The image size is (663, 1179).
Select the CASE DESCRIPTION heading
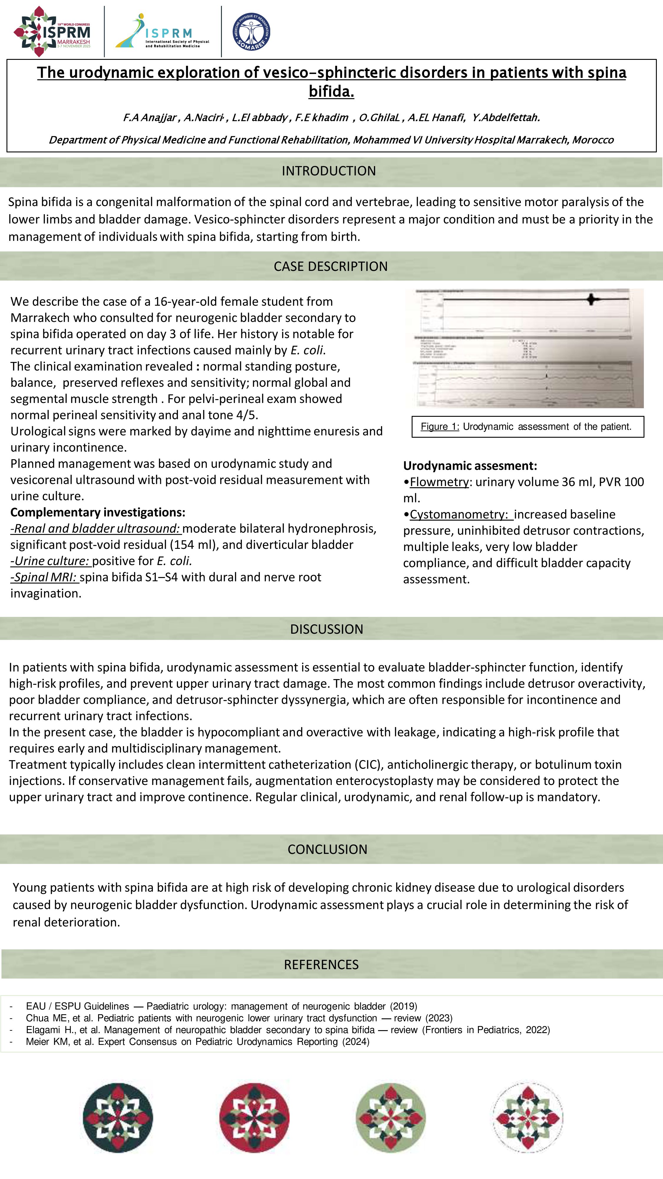330,266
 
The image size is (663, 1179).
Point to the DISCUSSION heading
326,629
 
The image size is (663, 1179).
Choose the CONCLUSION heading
327,849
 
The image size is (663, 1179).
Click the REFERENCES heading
321,964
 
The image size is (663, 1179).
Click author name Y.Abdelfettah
506,118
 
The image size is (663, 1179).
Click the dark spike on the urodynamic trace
592,299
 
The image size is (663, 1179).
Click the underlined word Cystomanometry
459,514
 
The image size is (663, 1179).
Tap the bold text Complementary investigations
98,512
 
